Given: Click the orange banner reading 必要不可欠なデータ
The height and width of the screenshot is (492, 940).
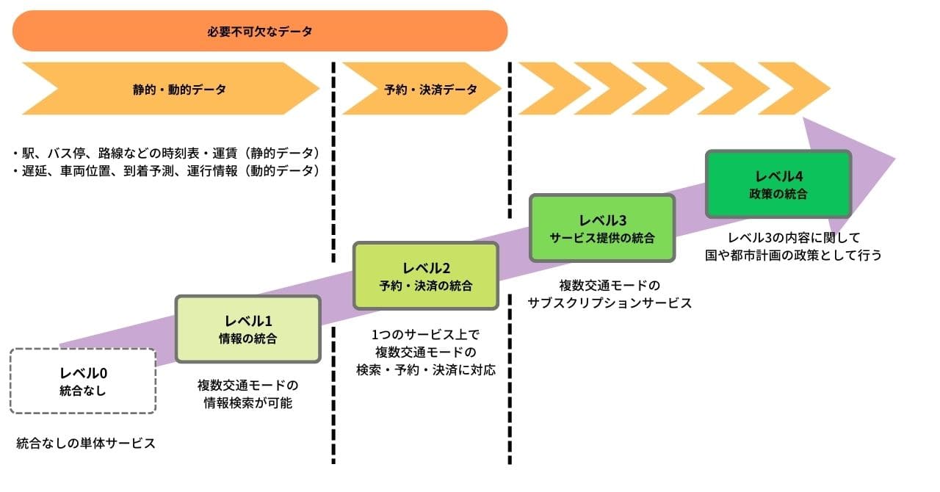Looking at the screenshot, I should click(260, 31).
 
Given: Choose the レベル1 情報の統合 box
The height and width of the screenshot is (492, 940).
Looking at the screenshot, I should click(248, 329).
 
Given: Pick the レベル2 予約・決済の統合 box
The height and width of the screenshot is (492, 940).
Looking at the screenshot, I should click(426, 275).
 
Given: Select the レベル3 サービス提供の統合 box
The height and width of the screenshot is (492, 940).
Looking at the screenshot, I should click(601, 228).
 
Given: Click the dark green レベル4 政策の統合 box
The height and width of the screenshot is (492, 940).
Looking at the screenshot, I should click(778, 184).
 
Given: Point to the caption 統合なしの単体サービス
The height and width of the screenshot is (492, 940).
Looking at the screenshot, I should click(86, 444).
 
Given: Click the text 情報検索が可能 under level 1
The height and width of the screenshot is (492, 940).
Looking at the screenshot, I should click(248, 403).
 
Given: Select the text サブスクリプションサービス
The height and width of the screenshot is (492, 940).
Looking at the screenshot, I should click(610, 303).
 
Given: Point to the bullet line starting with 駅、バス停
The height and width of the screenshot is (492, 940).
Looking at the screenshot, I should click(166, 153).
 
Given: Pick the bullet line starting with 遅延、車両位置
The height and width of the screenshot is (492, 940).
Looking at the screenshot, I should click(166, 170).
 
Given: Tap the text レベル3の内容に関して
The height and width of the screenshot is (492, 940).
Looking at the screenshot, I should click(793, 238).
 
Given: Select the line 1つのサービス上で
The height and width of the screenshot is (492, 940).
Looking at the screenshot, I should click(425, 335).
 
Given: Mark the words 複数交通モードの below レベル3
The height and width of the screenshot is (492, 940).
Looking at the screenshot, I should click(610, 284).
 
